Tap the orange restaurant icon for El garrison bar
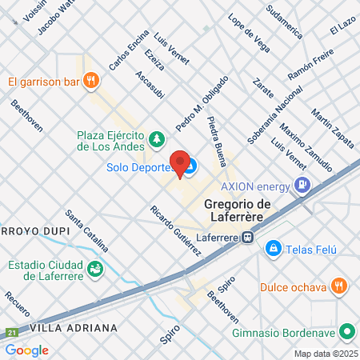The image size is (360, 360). (x=93, y=80)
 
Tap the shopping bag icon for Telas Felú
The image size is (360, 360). (x=274, y=249)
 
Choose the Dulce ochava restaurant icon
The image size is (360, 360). (x=340, y=286)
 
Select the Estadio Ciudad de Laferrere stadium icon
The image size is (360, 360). (x=95, y=269)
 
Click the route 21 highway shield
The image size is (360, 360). (x=11, y=332)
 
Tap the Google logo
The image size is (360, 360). (x=26, y=350)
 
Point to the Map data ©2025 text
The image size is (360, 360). (x=324, y=354)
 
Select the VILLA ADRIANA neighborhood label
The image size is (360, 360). (x=74, y=328)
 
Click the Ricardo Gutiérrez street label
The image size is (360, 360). (x=175, y=231)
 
